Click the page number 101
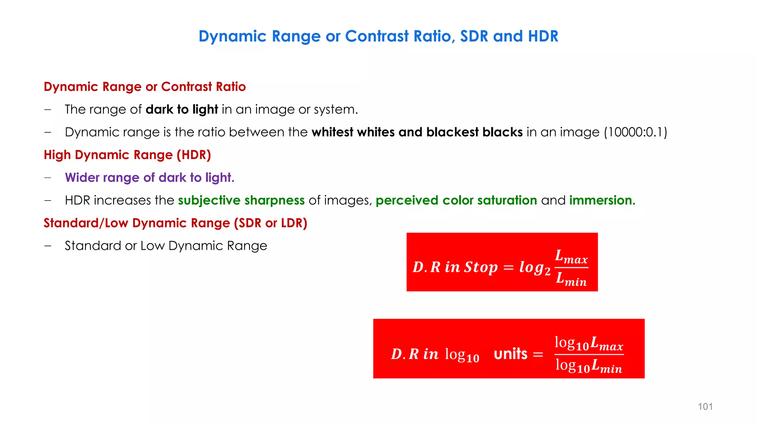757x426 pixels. [705, 406]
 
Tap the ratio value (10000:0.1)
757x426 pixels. [636, 132]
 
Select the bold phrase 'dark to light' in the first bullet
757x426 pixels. [182, 109]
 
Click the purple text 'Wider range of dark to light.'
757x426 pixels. [150, 177]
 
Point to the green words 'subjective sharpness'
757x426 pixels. [241, 200]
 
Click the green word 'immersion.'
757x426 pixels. [602, 200]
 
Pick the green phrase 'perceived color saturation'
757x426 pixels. [456, 200]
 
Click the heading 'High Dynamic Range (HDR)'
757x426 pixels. [127, 155]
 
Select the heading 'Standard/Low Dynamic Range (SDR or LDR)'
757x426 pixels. [176, 223]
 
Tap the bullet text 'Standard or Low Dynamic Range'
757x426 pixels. [166, 246]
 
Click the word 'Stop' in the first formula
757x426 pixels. [481, 267]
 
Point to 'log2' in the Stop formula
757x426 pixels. [534, 268]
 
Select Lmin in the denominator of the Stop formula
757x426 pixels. [571, 279]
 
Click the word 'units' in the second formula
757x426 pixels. [510, 354]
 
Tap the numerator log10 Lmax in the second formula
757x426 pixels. [589, 343]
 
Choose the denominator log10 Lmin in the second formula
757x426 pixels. [589, 366]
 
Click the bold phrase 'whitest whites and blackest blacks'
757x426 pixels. [417, 132]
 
